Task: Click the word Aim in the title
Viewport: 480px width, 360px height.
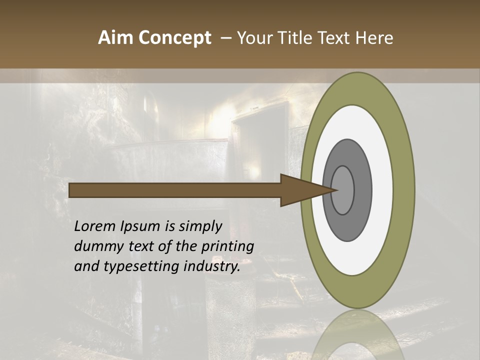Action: tap(116, 38)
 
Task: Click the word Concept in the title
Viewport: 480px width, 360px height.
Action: tap(175, 38)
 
